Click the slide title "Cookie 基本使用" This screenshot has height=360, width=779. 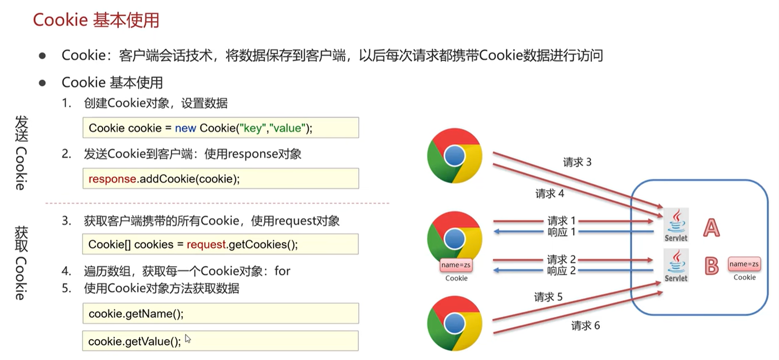(96, 20)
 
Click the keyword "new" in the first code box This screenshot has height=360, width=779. (185, 128)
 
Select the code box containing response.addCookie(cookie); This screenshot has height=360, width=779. (221, 179)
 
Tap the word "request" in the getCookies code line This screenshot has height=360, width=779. (206, 245)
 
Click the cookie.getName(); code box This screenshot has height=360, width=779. (221, 314)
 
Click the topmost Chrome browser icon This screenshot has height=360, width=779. (454, 156)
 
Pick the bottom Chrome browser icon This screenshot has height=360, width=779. (454, 323)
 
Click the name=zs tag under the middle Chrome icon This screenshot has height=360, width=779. (456, 265)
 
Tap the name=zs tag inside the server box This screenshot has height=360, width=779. (744, 264)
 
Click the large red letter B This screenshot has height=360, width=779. (711, 266)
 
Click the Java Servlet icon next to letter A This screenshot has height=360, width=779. (676, 225)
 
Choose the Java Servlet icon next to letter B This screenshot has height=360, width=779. (676, 265)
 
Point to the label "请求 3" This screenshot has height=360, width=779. (577, 162)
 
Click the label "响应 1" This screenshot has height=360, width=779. (561, 232)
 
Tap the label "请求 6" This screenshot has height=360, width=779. (585, 326)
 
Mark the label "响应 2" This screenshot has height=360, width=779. (561, 271)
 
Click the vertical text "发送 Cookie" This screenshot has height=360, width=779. (21, 153)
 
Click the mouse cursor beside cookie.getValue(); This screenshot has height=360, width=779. (187, 339)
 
